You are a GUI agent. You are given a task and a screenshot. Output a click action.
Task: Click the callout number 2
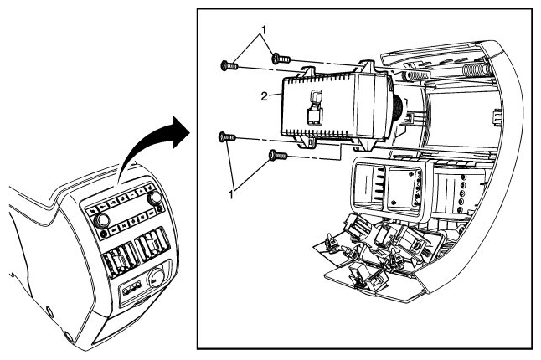coord(264,96)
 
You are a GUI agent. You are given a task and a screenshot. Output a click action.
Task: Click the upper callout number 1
coord(264,30)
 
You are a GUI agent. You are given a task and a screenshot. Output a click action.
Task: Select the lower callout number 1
coord(231,194)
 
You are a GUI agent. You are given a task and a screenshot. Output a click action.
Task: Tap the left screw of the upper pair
coord(229,65)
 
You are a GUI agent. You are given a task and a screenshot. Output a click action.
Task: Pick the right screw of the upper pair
coord(281,59)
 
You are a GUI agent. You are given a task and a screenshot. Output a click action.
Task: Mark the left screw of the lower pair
coord(227,137)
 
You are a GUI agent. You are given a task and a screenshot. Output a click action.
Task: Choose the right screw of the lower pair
coord(278,156)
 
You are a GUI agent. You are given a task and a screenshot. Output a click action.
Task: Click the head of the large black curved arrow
coord(180,132)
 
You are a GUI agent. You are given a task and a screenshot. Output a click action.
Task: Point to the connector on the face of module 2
coord(314,107)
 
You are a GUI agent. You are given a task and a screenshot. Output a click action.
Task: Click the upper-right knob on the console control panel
coord(154,198)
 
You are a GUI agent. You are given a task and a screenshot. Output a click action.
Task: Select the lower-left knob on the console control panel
coord(101,220)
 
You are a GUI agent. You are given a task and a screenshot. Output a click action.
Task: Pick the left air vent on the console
coord(117,260)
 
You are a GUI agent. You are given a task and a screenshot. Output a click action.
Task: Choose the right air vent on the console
coord(152,243)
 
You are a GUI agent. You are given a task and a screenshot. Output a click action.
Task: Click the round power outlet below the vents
coord(155,278)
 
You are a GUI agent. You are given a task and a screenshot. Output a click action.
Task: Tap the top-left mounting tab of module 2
coord(307,71)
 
